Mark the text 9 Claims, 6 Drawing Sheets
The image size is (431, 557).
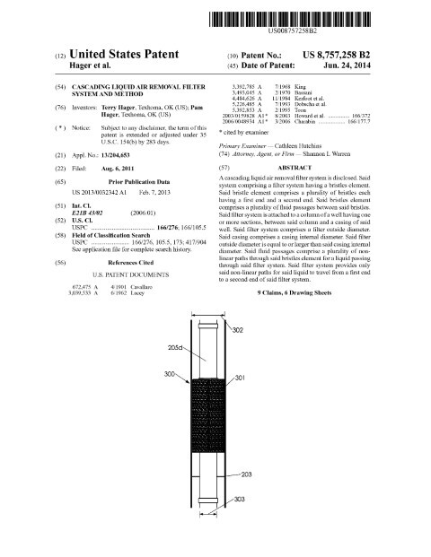click(x=308, y=318)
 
